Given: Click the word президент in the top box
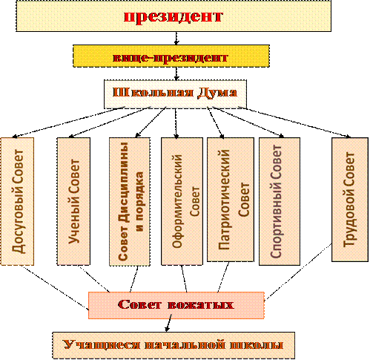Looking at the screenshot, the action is point(174,16).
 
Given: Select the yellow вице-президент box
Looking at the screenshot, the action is point(171,56).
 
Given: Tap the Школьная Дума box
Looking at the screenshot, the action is point(175,94).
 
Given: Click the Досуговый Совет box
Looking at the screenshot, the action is point(17,201).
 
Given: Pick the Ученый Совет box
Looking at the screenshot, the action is point(73,201).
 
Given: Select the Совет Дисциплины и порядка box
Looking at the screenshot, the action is point(130,202).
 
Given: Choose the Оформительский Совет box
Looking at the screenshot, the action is point(182,201).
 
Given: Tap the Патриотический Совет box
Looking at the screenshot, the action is point(231,200).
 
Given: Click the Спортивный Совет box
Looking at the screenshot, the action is point(280,201).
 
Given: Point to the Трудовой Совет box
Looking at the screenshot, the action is point(350,200).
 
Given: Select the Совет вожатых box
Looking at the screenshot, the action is point(176,305).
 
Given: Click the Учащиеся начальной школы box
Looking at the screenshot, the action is point(174,345).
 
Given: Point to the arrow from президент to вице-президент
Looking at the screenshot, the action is point(176,38).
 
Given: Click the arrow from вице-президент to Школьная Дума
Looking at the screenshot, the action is point(176,73).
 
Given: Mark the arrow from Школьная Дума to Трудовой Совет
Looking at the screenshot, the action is point(294,122).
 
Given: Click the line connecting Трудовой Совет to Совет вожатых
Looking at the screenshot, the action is point(298,272).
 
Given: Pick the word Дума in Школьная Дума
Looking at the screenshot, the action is point(217,93).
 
